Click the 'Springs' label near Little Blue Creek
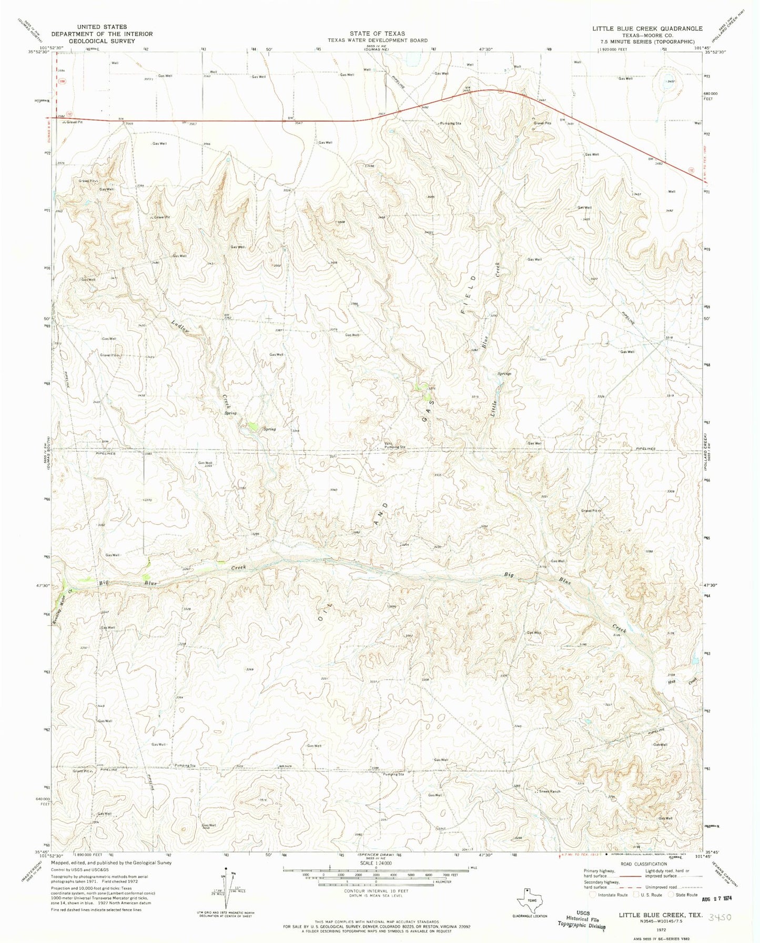505,374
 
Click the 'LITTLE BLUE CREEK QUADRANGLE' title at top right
640,28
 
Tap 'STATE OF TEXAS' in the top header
377,34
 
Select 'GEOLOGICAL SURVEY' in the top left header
102,41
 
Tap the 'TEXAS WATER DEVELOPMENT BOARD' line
377,41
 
